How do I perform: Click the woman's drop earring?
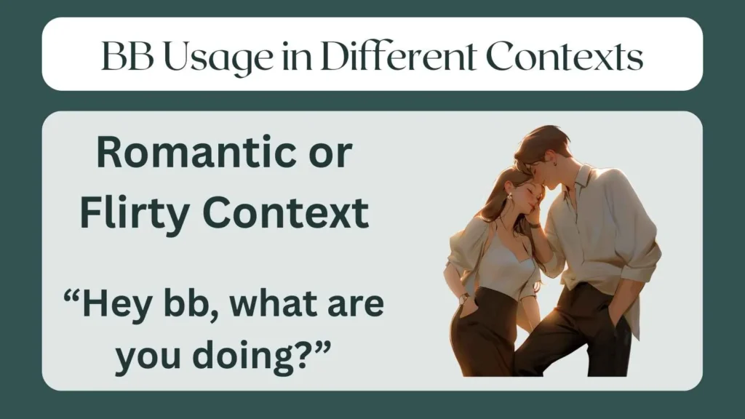tap(510, 196)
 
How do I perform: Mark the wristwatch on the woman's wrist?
tap(464, 298)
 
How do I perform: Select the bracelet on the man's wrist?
tap(534, 226)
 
